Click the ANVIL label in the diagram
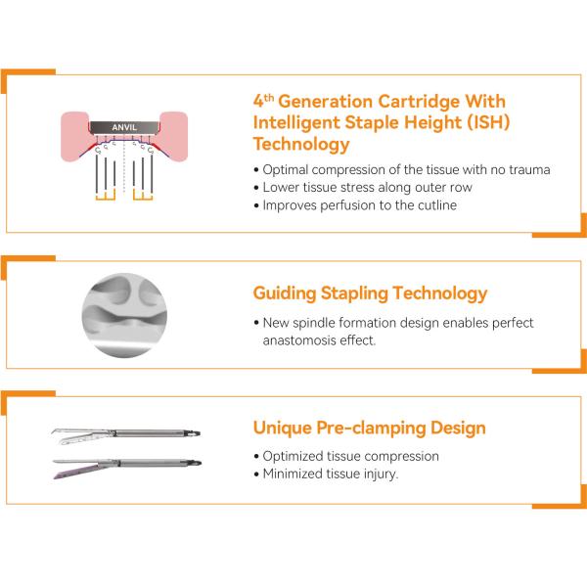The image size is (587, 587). [x=124, y=127]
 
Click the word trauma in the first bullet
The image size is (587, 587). [x=529, y=170]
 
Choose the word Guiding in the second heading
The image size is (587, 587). [x=285, y=293]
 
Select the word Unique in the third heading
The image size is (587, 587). [x=283, y=428]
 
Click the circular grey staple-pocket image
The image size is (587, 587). [x=124, y=315]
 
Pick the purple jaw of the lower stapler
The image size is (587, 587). [x=75, y=472]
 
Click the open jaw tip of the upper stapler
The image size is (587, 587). [x=54, y=431]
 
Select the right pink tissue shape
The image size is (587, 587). [x=173, y=136]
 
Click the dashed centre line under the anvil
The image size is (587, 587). [x=124, y=167]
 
